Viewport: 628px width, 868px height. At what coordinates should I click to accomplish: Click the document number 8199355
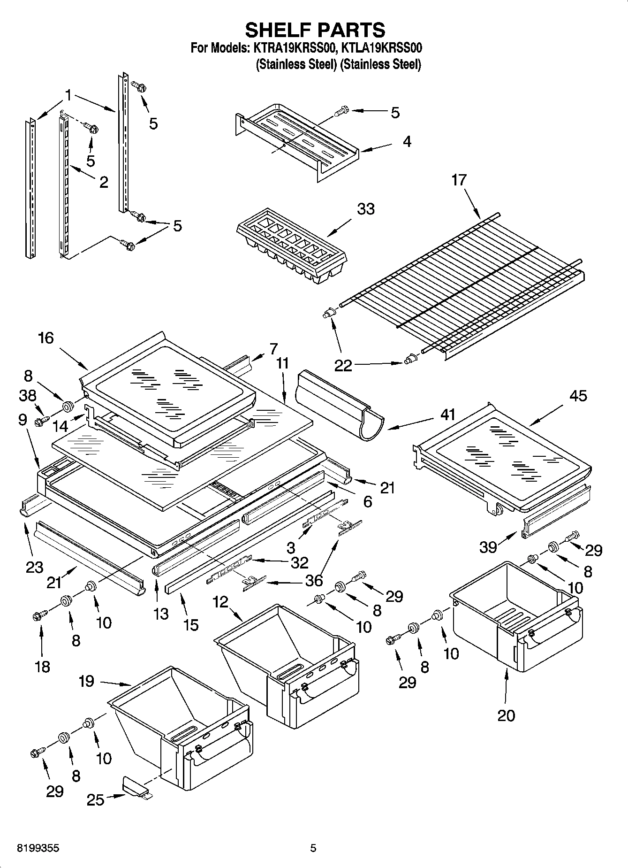coord(38,848)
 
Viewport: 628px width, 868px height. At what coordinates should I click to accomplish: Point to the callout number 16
coord(45,338)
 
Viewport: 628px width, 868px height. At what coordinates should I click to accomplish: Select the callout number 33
coord(365,209)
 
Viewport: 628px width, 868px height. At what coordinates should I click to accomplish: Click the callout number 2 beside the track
coord(104,182)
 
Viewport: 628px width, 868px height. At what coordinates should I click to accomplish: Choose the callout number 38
coord(27,396)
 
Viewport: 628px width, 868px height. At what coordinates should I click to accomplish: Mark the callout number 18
coord(42,666)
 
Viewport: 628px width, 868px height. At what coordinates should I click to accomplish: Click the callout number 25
coord(96,799)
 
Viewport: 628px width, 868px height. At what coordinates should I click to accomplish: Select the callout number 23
coord(34,567)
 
